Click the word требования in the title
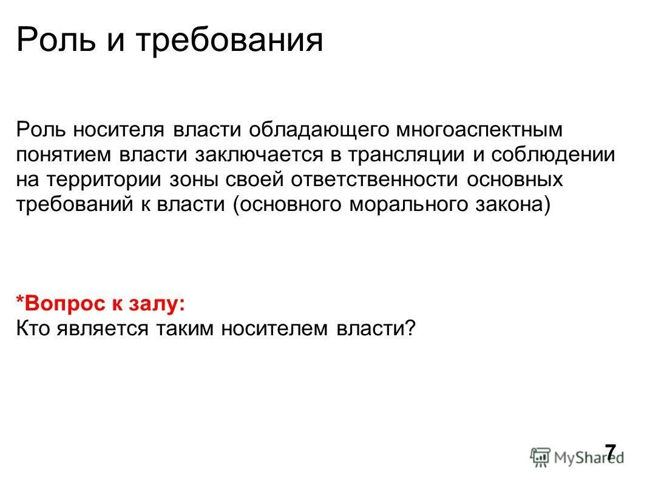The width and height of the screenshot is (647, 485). pyautogui.click(x=229, y=41)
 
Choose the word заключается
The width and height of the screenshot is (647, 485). pyautogui.click(x=259, y=155)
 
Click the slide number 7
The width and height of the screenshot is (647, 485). pyautogui.click(x=609, y=452)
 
